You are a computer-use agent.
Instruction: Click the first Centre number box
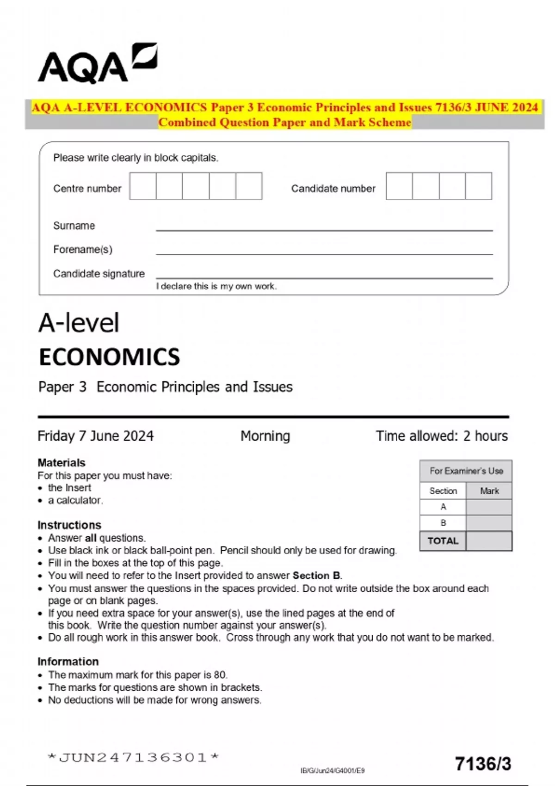(x=142, y=186)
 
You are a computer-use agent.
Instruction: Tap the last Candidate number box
(x=478, y=186)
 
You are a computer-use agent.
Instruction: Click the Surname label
(x=74, y=226)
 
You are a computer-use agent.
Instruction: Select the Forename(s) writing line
(x=324, y=252)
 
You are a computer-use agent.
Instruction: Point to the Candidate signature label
(x=99, y=274)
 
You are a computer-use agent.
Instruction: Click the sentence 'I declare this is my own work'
(x=216, y=286)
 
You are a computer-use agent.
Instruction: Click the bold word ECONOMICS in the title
(x=109, y=357)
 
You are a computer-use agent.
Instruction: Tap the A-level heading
(x=79, y=323)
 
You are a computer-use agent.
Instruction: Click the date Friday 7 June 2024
(x=95, y=436)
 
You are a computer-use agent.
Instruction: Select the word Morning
(x=265, y=436)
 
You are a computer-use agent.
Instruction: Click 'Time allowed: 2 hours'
(x=442, y=436)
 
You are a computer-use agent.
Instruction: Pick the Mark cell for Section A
(x=489, y=507)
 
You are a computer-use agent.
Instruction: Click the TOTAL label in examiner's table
(x=443, y=541)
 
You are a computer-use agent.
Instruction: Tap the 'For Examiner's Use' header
(x=466, y=471)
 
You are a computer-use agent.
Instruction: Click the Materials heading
(x=62, y=463)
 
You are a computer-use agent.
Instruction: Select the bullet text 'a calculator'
(x=75, y=500)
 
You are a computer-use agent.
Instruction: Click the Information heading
(x=68, y=662)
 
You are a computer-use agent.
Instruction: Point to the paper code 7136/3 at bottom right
(x=483, y=764)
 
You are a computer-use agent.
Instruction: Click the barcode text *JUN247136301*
(x=133, y=757)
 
